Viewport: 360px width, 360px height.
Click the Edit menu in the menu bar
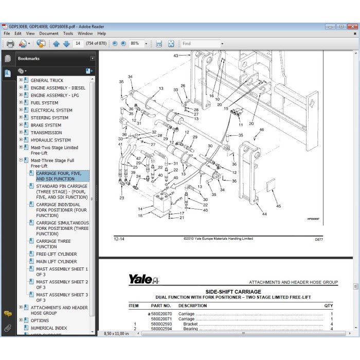[19, 33]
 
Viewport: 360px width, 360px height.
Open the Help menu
[101, 33]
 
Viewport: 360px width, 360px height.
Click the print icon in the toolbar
[10, 44]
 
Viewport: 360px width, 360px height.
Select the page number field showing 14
[79, 44]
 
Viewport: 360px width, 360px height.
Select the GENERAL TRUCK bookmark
[47, 80]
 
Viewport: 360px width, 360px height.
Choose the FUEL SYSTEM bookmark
[44, 103]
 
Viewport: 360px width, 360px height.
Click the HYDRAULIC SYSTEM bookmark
[50, 140]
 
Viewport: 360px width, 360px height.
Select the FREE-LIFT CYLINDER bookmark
[57, 254]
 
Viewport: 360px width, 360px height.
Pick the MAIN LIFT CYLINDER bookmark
[57, 262]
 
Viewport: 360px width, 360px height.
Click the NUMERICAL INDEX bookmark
[49, 328]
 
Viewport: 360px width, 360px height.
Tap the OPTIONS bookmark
[40, 320]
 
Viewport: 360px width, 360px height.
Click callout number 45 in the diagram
[278, 206]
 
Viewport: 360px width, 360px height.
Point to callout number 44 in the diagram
[264, 214]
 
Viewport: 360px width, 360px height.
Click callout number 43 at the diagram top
[176, 55]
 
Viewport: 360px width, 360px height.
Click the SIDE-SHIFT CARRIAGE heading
[233, 292]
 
